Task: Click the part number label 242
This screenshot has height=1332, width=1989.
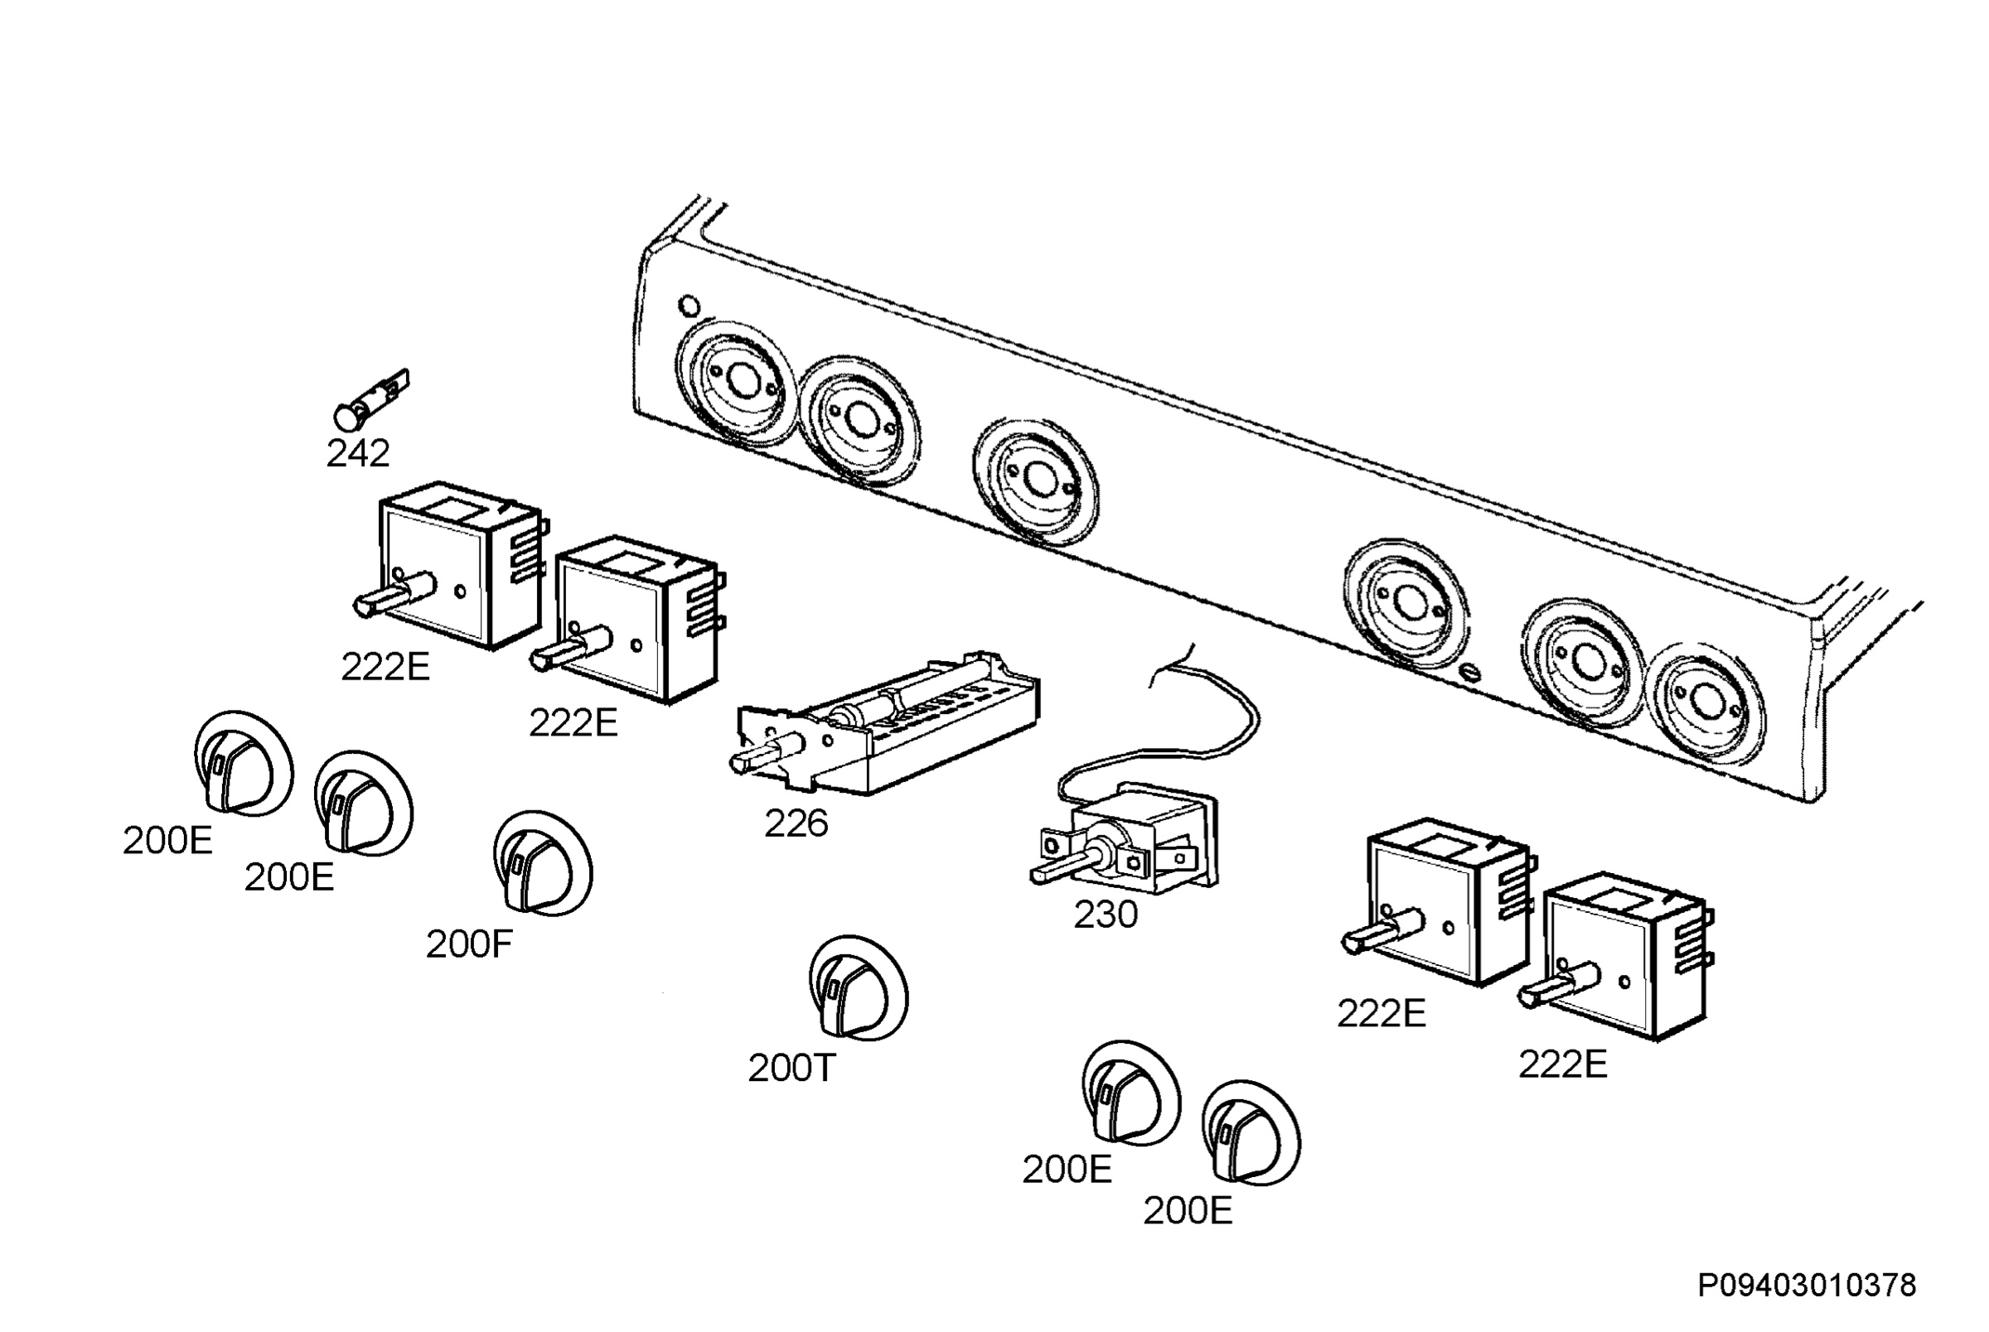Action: click(358, 453)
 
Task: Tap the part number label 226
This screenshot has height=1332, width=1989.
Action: click(796, 823)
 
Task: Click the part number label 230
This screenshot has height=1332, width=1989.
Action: click(1106, 915)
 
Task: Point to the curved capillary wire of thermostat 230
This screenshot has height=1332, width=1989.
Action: click(1181, 731)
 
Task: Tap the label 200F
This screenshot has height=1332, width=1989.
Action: click(469, 944)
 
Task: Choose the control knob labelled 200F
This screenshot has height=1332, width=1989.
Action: click(543, 863)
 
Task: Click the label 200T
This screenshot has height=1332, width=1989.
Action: click(791, 1069)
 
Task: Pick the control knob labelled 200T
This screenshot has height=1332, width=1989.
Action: click(858, 988)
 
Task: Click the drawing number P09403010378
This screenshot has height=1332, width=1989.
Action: click(1807, 1286)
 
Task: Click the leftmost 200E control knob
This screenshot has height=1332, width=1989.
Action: click(244, 764)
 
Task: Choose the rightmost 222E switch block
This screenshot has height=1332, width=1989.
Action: click(1617, 956)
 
